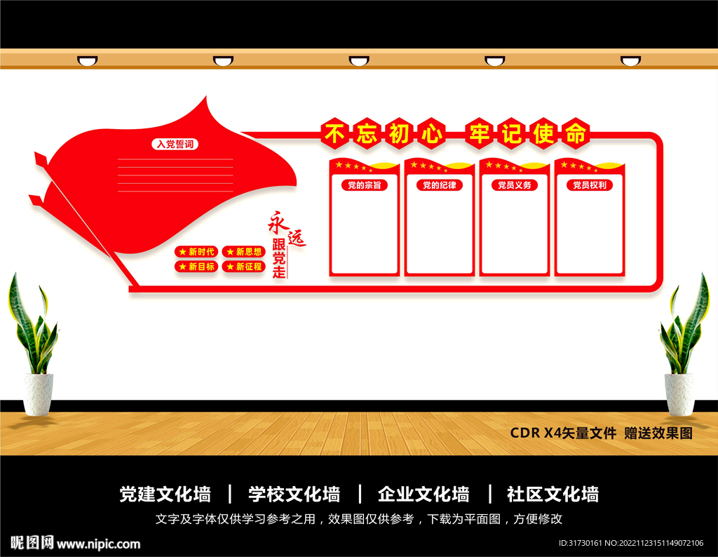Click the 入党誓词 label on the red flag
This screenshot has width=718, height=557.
175,144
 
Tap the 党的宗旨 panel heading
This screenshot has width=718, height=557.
365,185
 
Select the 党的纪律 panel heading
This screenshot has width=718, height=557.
440,185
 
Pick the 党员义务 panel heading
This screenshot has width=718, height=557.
515,185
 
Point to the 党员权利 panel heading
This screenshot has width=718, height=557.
589,185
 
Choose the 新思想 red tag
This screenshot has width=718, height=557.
243,252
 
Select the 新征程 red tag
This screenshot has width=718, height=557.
243,267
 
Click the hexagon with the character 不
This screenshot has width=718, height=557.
334,133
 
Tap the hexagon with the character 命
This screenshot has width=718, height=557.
576,133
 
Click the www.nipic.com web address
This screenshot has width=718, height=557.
98,544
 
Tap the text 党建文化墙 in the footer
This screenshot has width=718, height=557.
165,494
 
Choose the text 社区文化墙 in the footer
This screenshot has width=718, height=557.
553,494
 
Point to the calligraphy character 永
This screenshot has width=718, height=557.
278,222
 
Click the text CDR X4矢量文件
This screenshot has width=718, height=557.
563,433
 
